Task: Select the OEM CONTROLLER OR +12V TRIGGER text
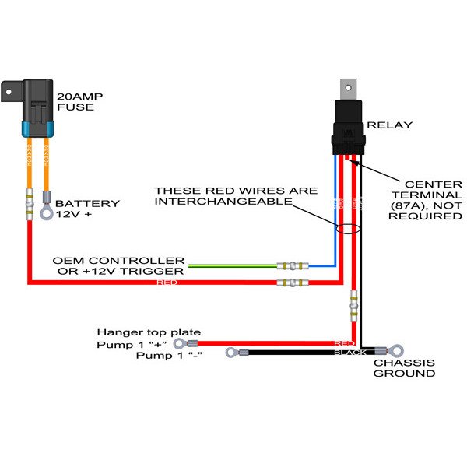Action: (x=118, y=265)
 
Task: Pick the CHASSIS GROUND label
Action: (x=404, y=368)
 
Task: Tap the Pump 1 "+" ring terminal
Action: (x=181, y=342)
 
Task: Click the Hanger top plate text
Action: (x=148, y=332)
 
